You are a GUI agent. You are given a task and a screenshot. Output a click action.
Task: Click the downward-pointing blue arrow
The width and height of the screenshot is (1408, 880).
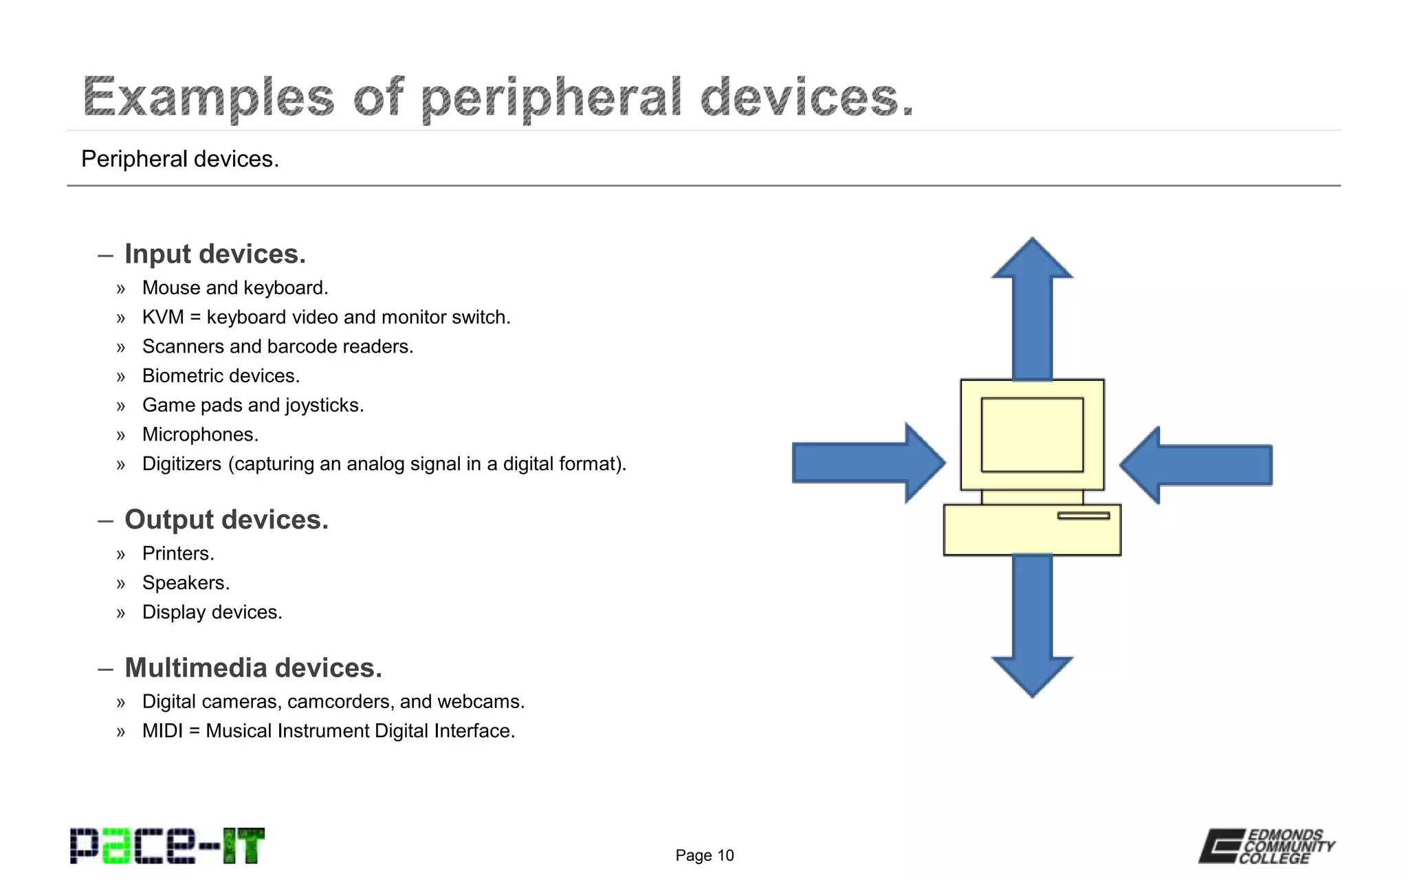click(1032, 626)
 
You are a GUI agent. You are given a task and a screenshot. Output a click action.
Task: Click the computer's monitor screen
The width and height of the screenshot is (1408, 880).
click(1032, 434)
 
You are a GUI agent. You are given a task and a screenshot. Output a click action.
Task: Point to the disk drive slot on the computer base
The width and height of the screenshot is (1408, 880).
click(1083, 516)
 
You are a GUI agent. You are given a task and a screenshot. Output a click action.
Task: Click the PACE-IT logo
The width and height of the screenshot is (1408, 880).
click(167, 846)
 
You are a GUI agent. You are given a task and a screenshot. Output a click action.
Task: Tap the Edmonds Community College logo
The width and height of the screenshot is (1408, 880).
click(1267, 846)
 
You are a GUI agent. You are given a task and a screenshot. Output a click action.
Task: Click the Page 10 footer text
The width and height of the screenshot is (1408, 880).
click(704, 855)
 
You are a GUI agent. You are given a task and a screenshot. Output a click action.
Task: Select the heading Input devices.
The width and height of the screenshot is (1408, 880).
click(214, 254)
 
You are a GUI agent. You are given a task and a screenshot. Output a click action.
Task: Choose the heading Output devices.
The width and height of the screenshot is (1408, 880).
click(226, 520)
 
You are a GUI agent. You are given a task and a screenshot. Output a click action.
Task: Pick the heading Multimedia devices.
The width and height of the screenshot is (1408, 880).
click(253, 668)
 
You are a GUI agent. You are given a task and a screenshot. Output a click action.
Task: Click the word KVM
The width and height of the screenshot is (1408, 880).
click(163, 317)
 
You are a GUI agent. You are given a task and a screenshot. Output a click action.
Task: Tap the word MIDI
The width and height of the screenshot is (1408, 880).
click(162, 731)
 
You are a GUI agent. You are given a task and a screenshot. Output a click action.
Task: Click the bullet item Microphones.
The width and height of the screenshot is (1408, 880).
click(200, 434)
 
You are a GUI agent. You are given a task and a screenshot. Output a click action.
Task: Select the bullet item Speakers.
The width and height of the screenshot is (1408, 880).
click(186, 583)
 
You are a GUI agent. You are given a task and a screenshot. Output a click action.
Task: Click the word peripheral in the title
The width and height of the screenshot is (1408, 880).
click(551, 98)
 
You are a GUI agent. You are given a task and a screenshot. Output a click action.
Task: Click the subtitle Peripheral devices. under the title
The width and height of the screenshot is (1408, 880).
click(180, 159)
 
